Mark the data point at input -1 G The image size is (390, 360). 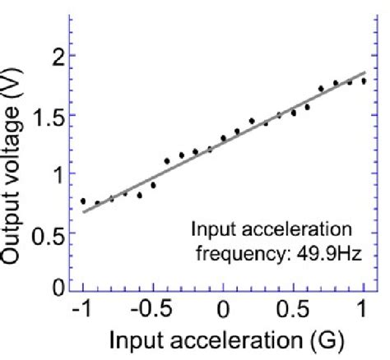(x=83, y=201)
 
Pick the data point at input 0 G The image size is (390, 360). (x=223, y=138)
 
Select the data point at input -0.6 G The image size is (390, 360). (x=139, y=196)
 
